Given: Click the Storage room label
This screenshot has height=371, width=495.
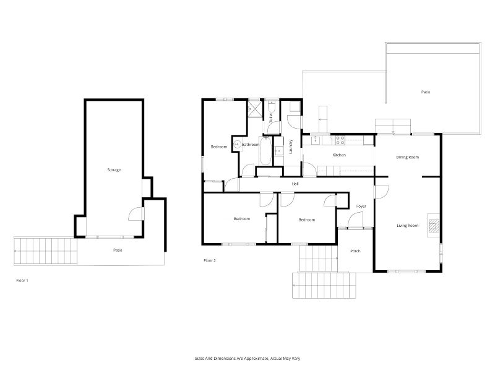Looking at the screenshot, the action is pyautogui.click(x=114, y=169).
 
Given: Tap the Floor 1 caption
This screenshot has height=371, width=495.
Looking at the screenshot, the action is pyautogui.click(x=22, y=280).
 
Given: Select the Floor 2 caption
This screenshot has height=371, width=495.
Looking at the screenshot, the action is pyautogui.click(x=210, y=260).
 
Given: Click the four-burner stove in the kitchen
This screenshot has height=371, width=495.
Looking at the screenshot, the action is pyautogui.click(x=340, y=140).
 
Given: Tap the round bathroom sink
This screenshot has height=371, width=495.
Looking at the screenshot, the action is pyautogui.click(x=237, y=145).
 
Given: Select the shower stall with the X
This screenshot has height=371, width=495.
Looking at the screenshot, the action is pyautogui.click(x=255, y=108).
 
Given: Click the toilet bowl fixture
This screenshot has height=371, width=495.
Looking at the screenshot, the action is pyautogui.click(x=271, y=106).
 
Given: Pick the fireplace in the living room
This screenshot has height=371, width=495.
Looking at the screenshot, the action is pyautogui.click(x=434, y=225).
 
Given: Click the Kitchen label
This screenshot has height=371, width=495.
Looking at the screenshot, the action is pyautogui.click(x=339, y=155).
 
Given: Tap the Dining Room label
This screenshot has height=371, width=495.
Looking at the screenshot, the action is pyautogui.click(x=408, y=157).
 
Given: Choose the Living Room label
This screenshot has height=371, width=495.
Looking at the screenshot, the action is pyautogui.click(x=408, y=226).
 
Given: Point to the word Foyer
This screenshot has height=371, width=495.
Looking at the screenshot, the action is pyautogui.click(x=361, y=206).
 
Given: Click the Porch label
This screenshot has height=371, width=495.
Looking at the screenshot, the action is pyautogui.click(x=355, y=251).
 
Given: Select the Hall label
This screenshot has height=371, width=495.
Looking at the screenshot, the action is pyautogui.click(x=295, y=184).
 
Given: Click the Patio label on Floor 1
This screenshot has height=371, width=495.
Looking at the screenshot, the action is pyautogui.click(x=118, y=250).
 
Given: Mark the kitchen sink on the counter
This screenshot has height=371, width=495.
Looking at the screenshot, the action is pyautogui.click(x=316, y=140).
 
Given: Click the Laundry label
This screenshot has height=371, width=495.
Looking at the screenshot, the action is pyautogui.click(x=291, y=147).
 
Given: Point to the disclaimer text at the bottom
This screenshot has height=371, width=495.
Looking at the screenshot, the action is pyautogui.click(x=247, y=359).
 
